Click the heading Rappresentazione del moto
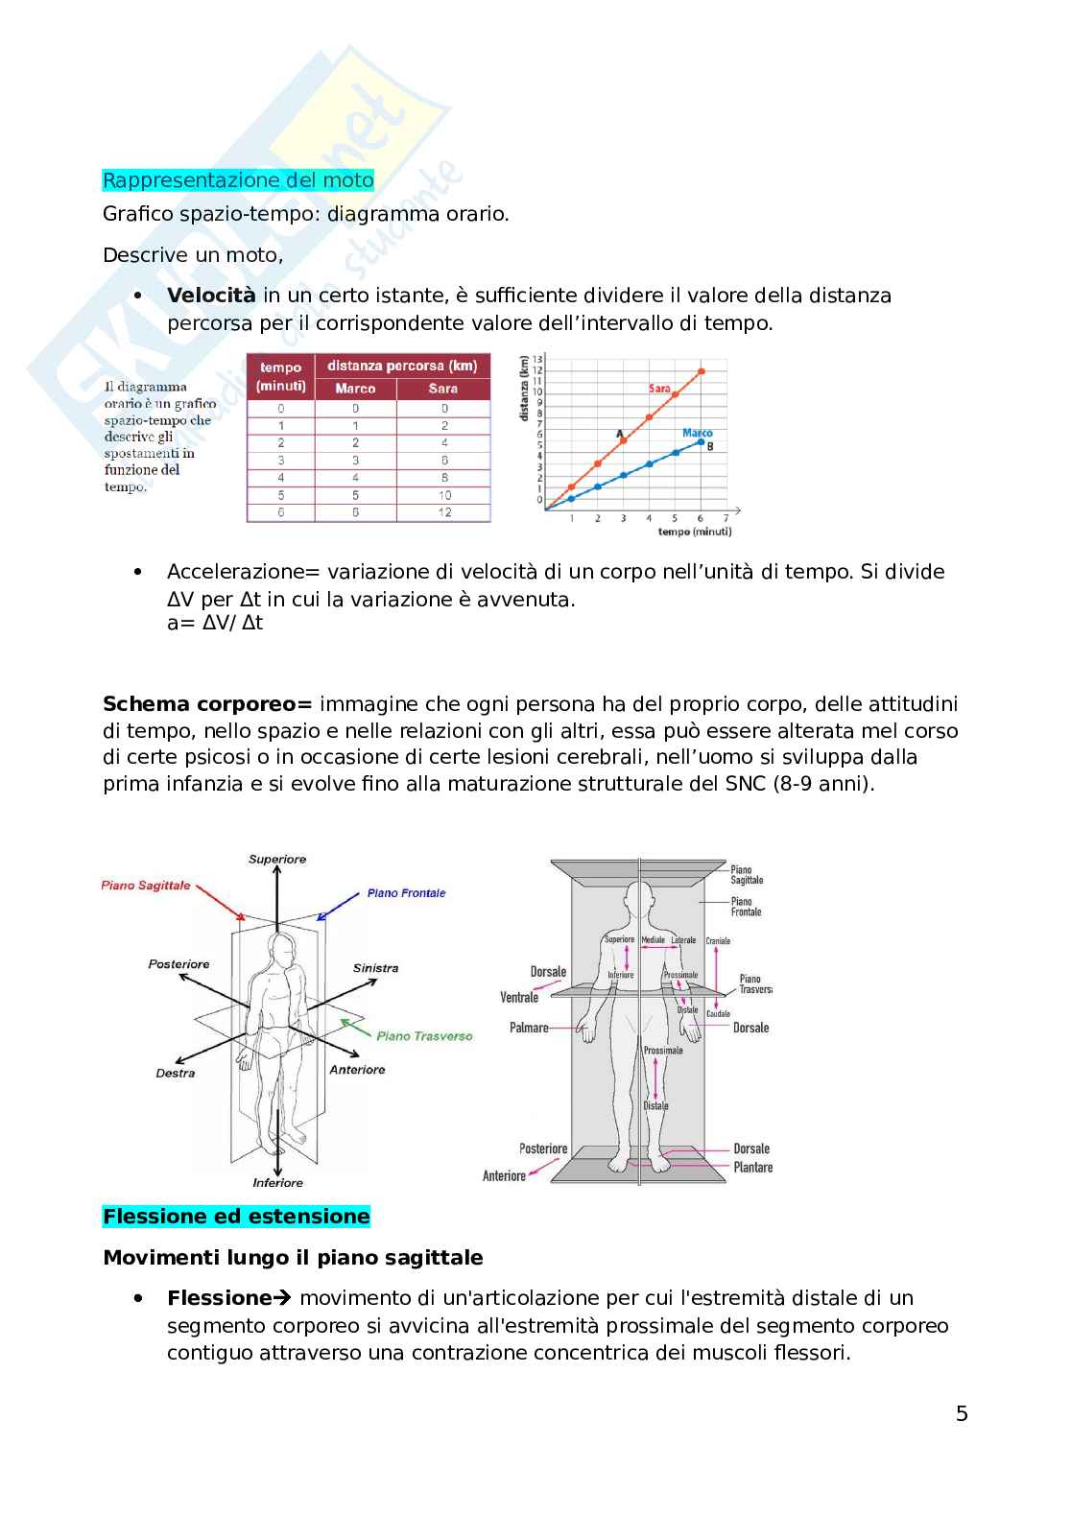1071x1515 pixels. (x=238, y=180)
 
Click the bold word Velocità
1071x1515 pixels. (x=211, y=296)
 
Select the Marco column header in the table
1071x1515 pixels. (x=355, y=389)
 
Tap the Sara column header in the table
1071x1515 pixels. (x=442, y=389)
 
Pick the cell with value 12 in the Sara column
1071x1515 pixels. (x=444, y=512)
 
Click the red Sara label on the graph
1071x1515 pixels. (x=659, y=389)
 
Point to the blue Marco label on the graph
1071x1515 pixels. (x=698, y=433)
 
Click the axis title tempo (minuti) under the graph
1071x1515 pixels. (x=694, y=532)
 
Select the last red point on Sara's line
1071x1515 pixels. (x=701, y=371)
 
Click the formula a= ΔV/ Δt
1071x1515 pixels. (x=214, y=623)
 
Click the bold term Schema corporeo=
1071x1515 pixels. (x=207, y=704)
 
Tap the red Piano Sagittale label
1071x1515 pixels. (x=146, y=886)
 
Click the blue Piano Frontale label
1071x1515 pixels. (x=406, y=893)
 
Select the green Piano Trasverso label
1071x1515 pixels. (x=424, y=1036)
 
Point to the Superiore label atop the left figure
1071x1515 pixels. (x=277, y=860)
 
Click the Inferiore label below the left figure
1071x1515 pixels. (x=277, y=1183)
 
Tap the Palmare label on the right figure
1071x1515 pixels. (x=529, y=1028)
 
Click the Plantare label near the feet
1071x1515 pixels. (x=752, y=1168)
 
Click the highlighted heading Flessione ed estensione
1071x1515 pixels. (x=236, y=1217)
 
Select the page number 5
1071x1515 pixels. (x=962, y=1413)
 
